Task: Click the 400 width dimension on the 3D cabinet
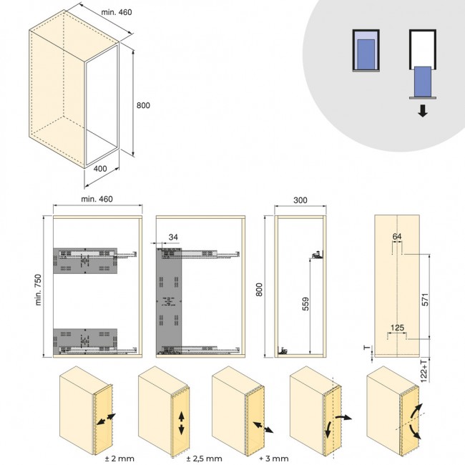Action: tap(100, 168)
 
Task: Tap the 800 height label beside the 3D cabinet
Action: tap(143, 105)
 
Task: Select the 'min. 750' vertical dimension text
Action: tap(38, 290)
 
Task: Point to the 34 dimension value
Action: tap(173, 238)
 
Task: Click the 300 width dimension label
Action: tap(300, 200)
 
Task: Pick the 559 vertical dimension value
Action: tap(305, 303)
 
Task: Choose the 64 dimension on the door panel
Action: tap(397, 236)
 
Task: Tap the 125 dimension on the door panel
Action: tap(397, 328)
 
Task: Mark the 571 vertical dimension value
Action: tap(425, 300)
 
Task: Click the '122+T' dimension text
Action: tap(424, 371)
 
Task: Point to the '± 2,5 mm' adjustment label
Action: tap(205, 459)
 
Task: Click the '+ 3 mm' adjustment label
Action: tap(274, 459)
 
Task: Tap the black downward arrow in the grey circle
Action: tap(423, 111)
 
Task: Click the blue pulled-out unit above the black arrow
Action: tap(423, 82)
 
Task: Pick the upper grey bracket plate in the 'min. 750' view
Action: tap(85, 260)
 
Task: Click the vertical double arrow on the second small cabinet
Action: tap(181, 424)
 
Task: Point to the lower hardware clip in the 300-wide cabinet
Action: tap(283, 351)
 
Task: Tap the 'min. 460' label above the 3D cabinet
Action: tap(117, 12)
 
